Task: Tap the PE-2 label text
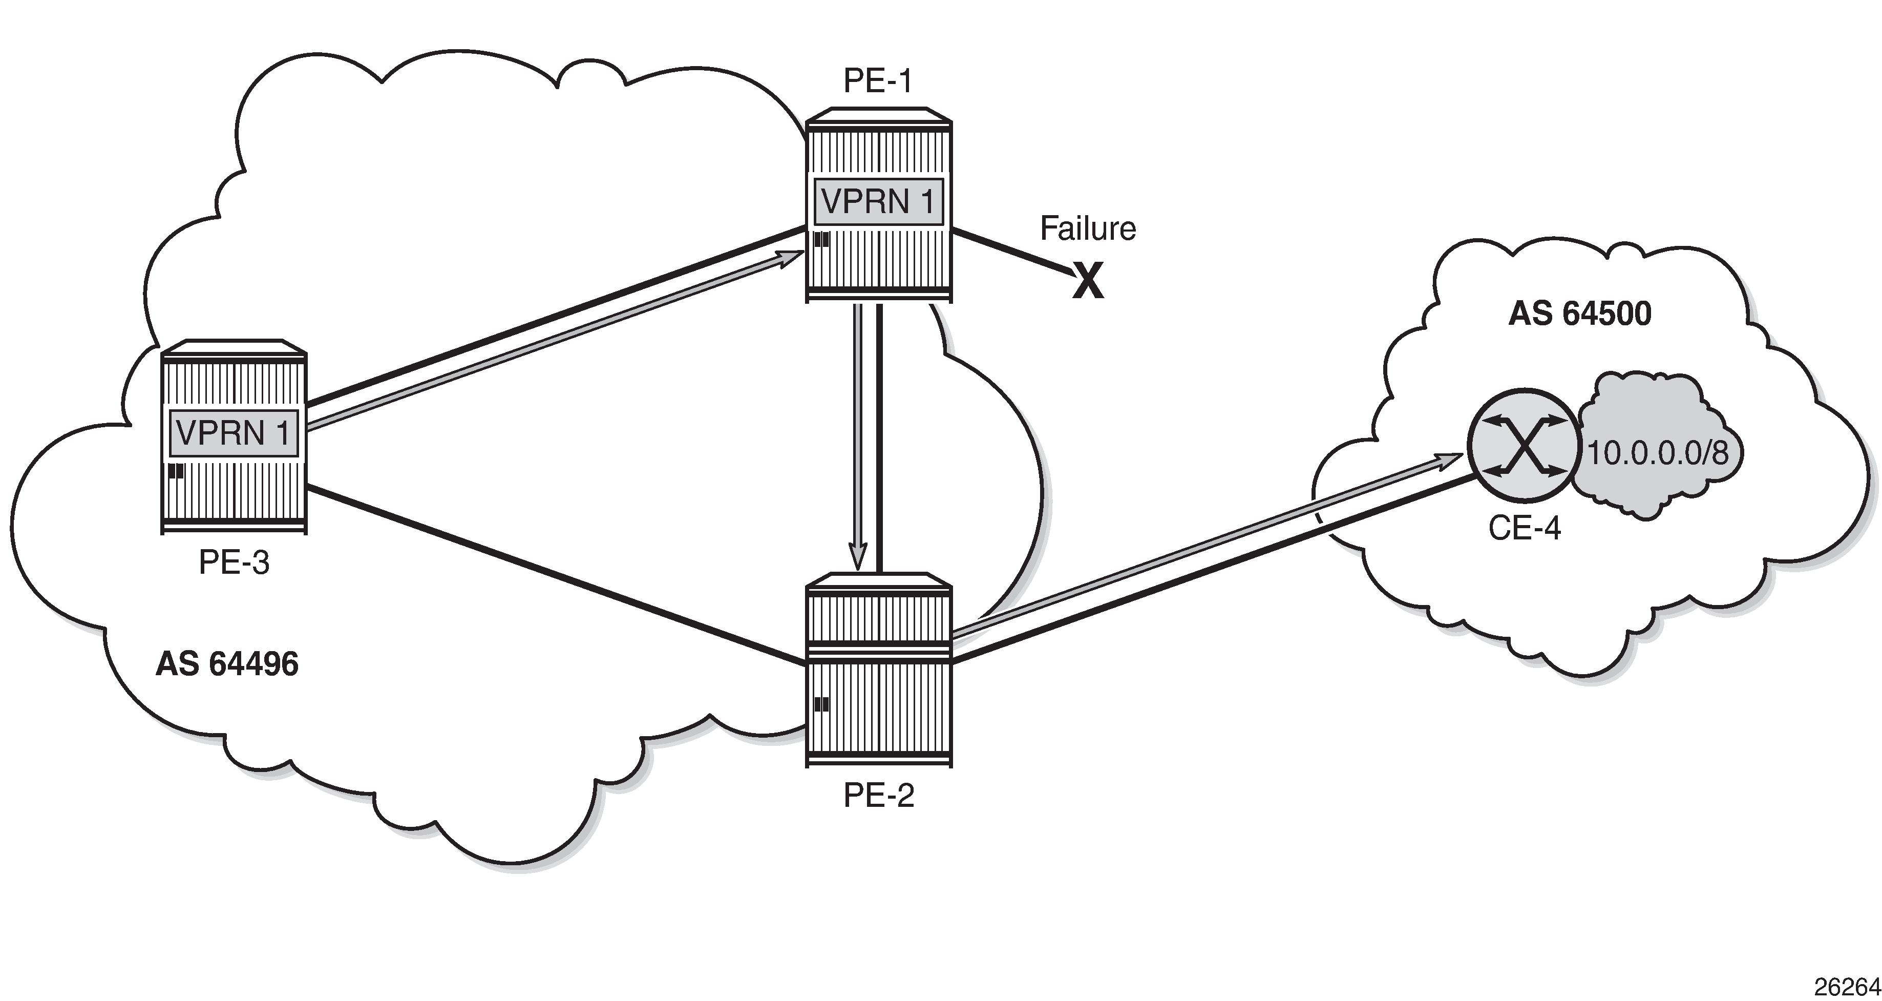pyautogui.click(x=879, y=796)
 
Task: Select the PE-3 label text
pyautogui.click(x=234, y=562)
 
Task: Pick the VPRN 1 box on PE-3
pyautogui.click(x=234, y=433)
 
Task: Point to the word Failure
pyautogui.click(x=1087, y=228)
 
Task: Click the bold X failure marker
pyautogui.click(x=1088, y=283)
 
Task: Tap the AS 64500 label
pyautogui.click(x=1579, y=314)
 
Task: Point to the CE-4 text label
pyautogui.click(x=1524, y=528)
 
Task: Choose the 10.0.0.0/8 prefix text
pyautogui.click(x=1658, y=454)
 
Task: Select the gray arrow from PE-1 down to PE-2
pyautogui.click(x=859, y=439)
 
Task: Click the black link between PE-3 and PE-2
pyautogui.click(x=555, y=574)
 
